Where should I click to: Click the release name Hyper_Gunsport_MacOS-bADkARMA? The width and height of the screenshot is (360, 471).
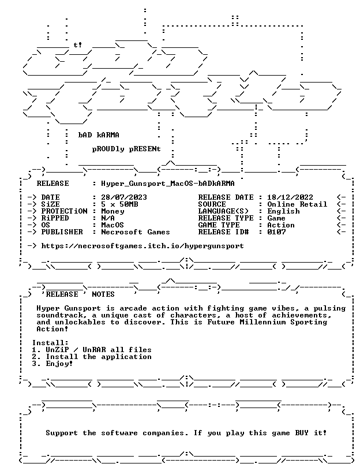[168, 184]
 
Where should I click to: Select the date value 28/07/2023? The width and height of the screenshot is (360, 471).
[124, 197]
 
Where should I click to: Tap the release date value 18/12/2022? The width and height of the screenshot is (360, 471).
[290, 197]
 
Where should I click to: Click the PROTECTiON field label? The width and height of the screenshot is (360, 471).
[64, 211]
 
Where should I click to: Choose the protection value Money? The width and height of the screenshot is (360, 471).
[112, 211]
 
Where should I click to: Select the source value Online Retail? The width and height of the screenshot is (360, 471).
[297, 204]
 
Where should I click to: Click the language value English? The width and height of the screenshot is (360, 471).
[283, 211]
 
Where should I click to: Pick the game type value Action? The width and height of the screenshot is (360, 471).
[281, 225]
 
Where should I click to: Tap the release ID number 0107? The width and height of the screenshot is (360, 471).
[276, 232]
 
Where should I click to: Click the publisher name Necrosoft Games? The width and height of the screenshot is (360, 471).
[136, 232]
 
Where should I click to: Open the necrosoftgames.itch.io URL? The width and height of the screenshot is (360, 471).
[142, 246]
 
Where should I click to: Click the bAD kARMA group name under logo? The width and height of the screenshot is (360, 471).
[99, 135]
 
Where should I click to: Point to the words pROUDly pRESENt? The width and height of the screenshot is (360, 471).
[126, 149]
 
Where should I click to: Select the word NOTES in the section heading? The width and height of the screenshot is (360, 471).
[103, 294]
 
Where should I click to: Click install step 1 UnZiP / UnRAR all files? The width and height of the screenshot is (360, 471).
[92, 350]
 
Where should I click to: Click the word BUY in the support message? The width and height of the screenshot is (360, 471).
[302, 433]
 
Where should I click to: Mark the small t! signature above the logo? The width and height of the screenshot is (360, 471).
[78, 45]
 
